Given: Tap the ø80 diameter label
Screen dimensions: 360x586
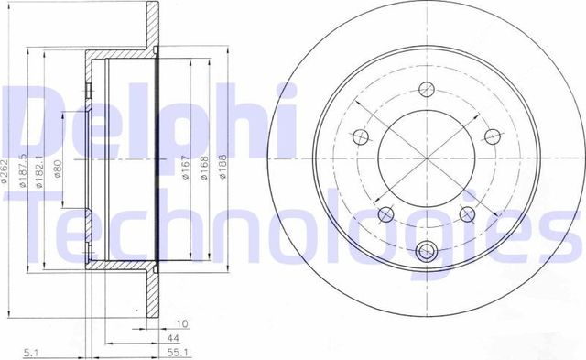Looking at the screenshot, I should coord(57,171).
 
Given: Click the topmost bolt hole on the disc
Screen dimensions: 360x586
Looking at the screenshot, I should coord(425,89).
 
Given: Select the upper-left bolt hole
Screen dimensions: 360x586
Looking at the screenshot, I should coord(361,137).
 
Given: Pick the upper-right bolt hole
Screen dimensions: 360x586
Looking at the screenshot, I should coord(491,137).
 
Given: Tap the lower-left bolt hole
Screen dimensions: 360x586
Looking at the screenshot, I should coord(385,214).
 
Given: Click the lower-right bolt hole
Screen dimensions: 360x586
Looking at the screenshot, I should coord(466,214).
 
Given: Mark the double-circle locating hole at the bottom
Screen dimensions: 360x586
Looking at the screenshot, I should coord(426,252).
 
